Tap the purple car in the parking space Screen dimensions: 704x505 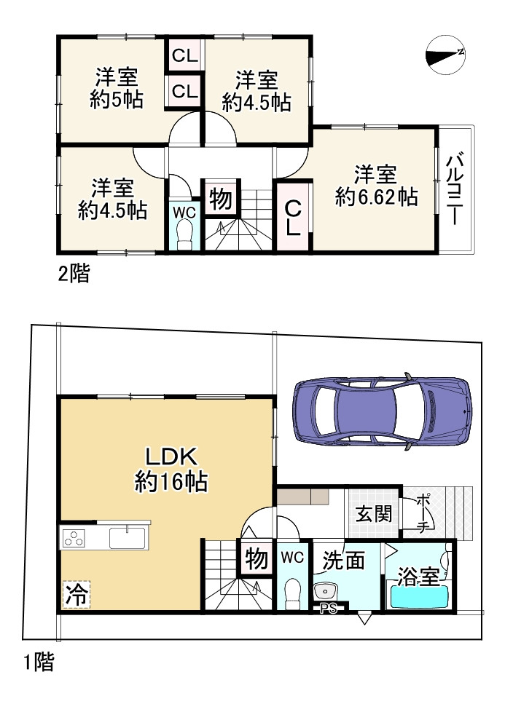(382, 411)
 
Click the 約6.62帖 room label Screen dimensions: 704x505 (376, 186)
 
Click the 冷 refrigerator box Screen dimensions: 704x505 (76, 593)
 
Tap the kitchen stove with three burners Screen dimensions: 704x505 (74, 539)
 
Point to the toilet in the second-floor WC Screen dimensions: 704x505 (184, 235)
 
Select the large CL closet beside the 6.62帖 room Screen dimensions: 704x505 (293, 217)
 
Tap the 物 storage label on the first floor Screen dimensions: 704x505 (255, 559)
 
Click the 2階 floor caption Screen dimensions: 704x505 (74, 274)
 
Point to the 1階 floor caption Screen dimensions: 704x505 (37, 662)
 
